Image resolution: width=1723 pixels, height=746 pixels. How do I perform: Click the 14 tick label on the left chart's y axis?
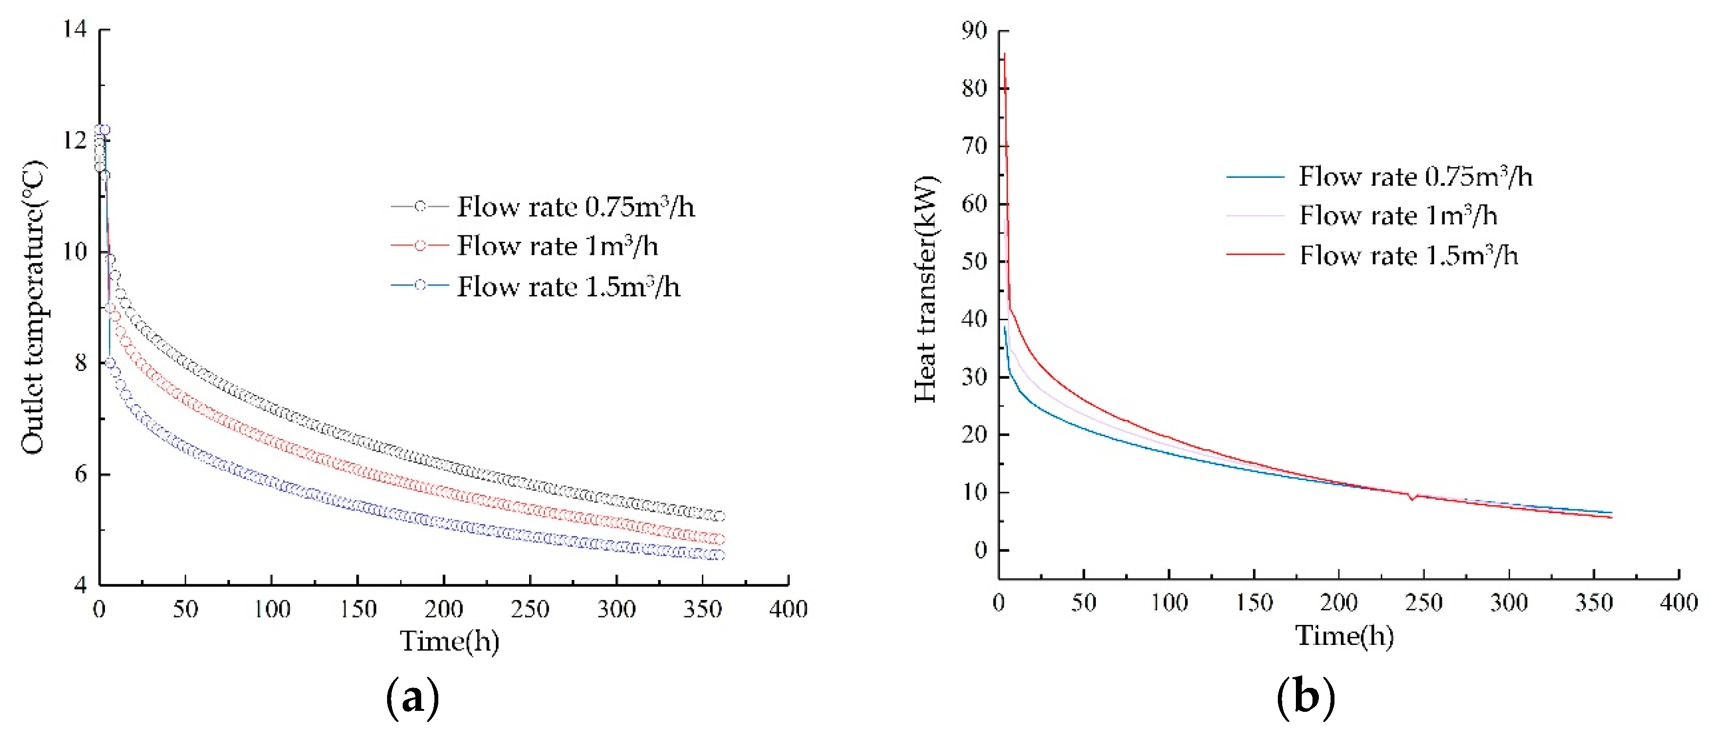(x=76, y=29)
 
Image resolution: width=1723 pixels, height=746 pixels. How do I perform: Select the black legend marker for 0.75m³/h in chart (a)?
(x=419, y=207)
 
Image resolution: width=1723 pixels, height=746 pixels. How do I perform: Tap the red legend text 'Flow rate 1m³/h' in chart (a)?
(x=557, y=246)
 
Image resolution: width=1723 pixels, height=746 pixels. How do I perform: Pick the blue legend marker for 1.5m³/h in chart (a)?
(x=419, y=285)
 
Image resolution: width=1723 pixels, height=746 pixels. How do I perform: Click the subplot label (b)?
(x=1306, y=698)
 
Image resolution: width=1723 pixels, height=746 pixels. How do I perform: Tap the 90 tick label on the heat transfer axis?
(x=974, y=30)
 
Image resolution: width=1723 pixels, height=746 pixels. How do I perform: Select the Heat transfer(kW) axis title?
(x=926, y=289)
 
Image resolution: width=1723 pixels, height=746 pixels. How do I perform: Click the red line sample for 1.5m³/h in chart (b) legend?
(x=1255, y=255)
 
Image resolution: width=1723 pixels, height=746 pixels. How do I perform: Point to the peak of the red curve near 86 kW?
(x=1005, y=55)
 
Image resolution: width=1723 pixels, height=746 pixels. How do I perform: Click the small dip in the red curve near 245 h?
(x=1412, y=498)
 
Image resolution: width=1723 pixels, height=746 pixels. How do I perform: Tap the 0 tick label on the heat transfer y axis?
(x=981, y=550)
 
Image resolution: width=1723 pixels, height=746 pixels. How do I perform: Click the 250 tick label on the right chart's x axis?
(x=1423, y=603)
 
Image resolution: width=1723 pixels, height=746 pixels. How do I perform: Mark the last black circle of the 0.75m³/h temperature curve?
(x=719, y=516)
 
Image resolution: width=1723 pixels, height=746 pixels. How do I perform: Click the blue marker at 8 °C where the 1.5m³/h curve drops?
(x=110, y=363)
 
